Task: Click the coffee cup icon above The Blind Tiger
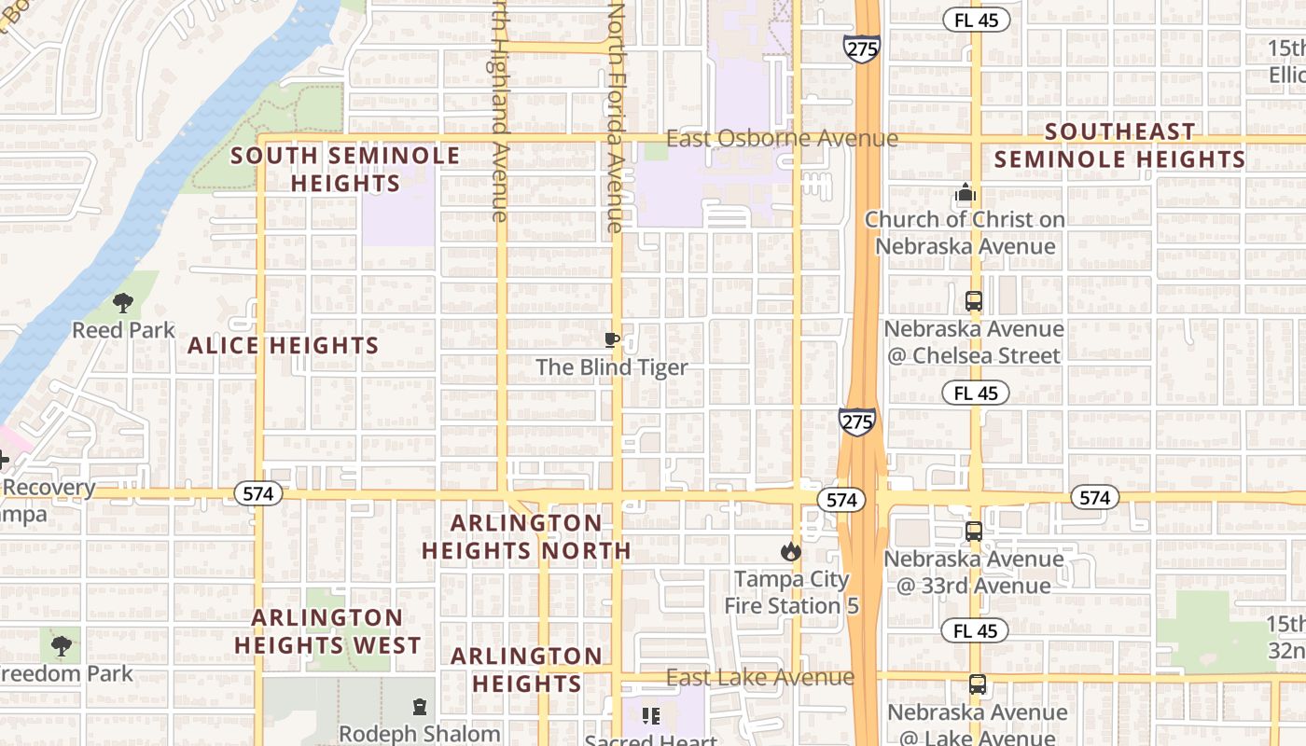(611, 339)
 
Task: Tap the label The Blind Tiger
(611, 367)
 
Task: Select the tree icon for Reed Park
(122, 302)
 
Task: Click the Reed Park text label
(123, 330)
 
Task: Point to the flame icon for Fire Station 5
(791, 551)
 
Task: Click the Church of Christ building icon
(966, 194)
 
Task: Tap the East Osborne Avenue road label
(782, 139)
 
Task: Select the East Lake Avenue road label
(760, 677)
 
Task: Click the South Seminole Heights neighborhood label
(345, 169)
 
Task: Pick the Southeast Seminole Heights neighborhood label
(1119, 145)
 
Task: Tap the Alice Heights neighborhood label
(284, 346)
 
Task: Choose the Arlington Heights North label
(527, 536)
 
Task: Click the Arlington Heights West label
(327, 631)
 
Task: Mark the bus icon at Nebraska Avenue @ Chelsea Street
(974, 301)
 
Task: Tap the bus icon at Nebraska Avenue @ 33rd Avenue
(974, 532)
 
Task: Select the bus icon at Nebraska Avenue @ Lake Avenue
(977, 684)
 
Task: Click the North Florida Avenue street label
(616, 117)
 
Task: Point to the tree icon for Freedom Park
(62, 645)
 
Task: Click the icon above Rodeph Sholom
(419, 707)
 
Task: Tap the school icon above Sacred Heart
(651, 716)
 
